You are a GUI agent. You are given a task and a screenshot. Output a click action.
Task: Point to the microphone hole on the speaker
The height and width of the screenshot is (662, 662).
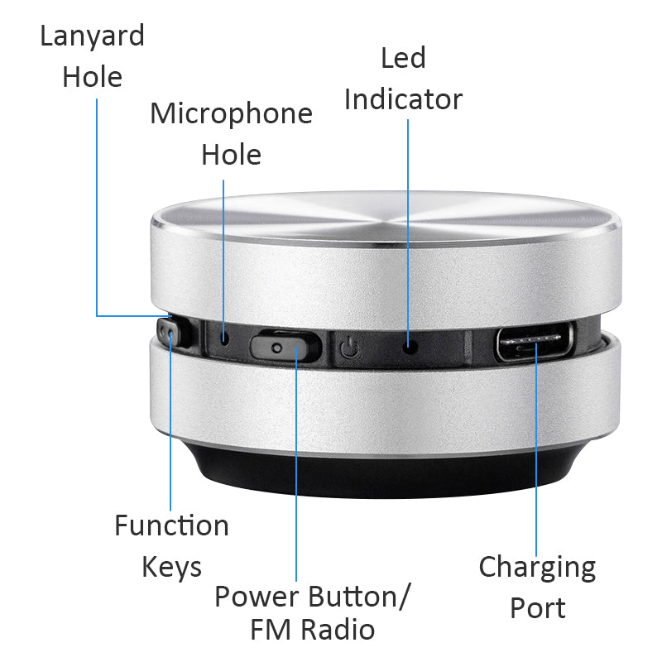point(225,338)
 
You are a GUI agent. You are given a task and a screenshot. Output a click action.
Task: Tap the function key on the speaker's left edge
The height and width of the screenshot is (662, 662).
point(171,337)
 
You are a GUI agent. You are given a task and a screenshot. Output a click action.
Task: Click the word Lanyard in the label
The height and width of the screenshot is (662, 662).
point(92,36)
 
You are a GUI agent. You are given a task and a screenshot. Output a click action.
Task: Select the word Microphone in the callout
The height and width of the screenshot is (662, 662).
point(231,113)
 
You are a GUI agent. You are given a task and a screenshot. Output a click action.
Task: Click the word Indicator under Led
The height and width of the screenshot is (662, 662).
point(403,99)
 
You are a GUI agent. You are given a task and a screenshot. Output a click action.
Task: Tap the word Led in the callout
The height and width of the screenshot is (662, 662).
point(403,58)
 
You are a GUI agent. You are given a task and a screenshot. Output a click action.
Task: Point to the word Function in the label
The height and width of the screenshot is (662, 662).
point(171,525)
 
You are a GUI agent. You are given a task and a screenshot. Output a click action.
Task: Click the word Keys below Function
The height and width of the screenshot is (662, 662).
point(171,568)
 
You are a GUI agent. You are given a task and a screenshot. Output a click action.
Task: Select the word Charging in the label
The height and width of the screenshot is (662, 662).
point(537,568)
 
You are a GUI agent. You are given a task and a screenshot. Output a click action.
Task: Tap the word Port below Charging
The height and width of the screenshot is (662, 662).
point(537,608)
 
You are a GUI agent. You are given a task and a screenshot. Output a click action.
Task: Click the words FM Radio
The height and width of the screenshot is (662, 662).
point(313,630)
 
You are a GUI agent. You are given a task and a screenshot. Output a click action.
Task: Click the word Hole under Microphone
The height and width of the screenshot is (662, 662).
point(231,155)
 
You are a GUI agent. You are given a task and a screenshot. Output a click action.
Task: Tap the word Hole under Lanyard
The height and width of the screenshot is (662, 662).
point(92,78)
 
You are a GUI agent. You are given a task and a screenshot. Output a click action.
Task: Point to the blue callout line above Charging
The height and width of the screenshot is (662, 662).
point(535,463)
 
